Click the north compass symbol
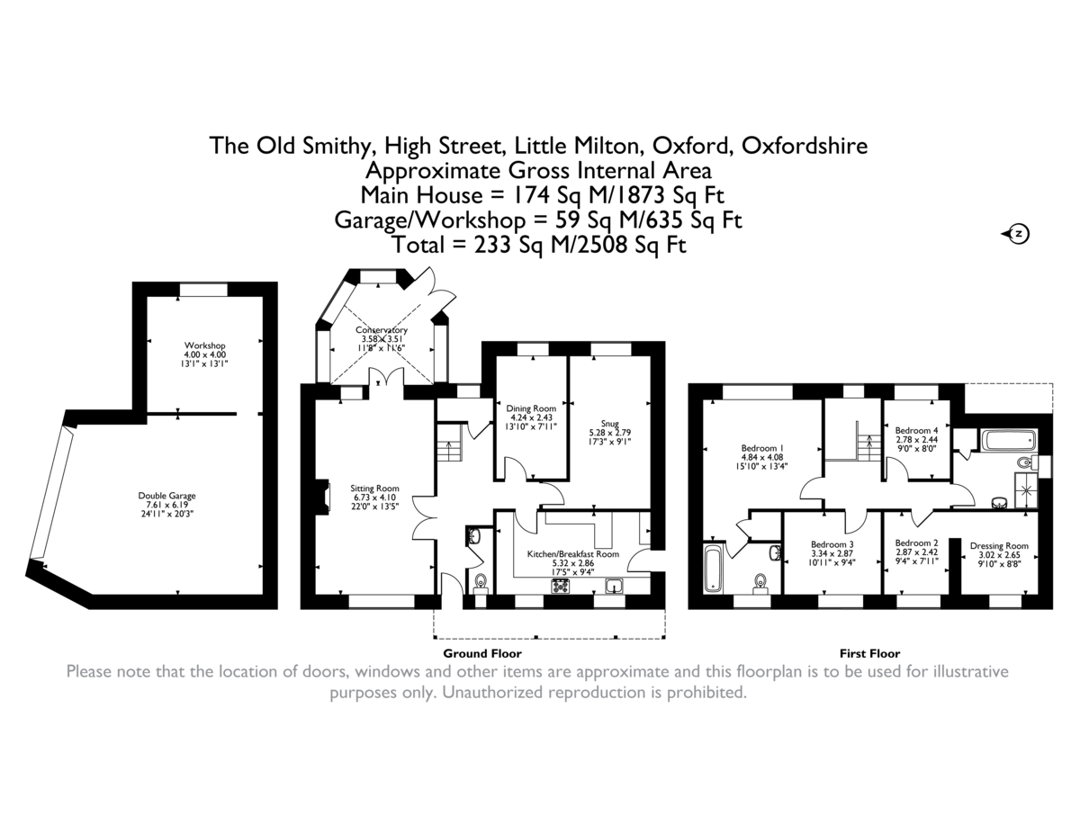coord(1017,234)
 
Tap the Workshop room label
coord(204,345)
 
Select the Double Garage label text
coord(166,496)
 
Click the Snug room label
coord(611,422)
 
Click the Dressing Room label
coord(999,546)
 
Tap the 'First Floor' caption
coord(869,654)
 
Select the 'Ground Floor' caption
coord(481,654)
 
